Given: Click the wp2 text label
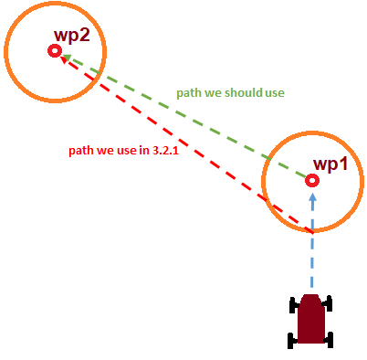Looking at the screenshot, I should point(73,36).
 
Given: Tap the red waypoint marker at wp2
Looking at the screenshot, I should point(54,52).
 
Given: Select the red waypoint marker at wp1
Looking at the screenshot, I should point(312,181).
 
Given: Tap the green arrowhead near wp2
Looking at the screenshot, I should point(68,58).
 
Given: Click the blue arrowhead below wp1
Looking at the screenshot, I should point(312,196).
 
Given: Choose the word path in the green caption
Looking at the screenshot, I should point(189,93).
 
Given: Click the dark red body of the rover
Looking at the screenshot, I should point(311,321).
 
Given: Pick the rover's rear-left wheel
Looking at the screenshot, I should point(293,340).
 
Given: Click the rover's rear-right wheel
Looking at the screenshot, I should point(329,340).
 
